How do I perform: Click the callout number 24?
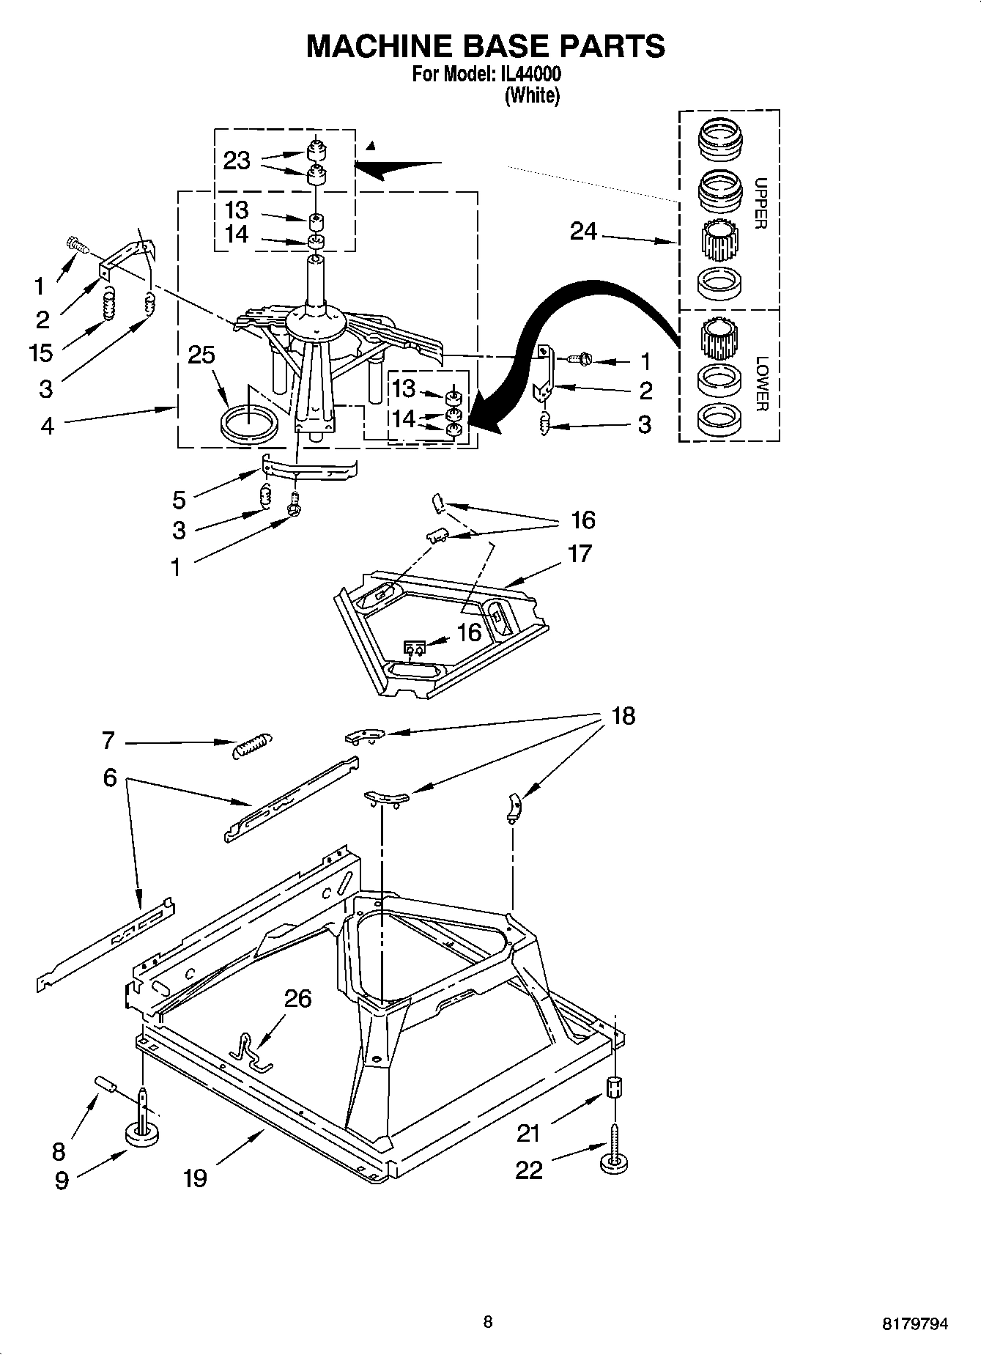(583, 232)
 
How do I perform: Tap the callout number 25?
(201, 355)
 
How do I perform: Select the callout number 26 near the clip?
(297, 998)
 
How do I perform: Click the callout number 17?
(579, 553)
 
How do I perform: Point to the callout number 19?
(195, 1178)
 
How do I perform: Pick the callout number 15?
(41, 352)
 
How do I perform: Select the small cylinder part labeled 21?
(615, 1088)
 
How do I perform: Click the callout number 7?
(108, 741)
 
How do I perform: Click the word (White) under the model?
(532, 95)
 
